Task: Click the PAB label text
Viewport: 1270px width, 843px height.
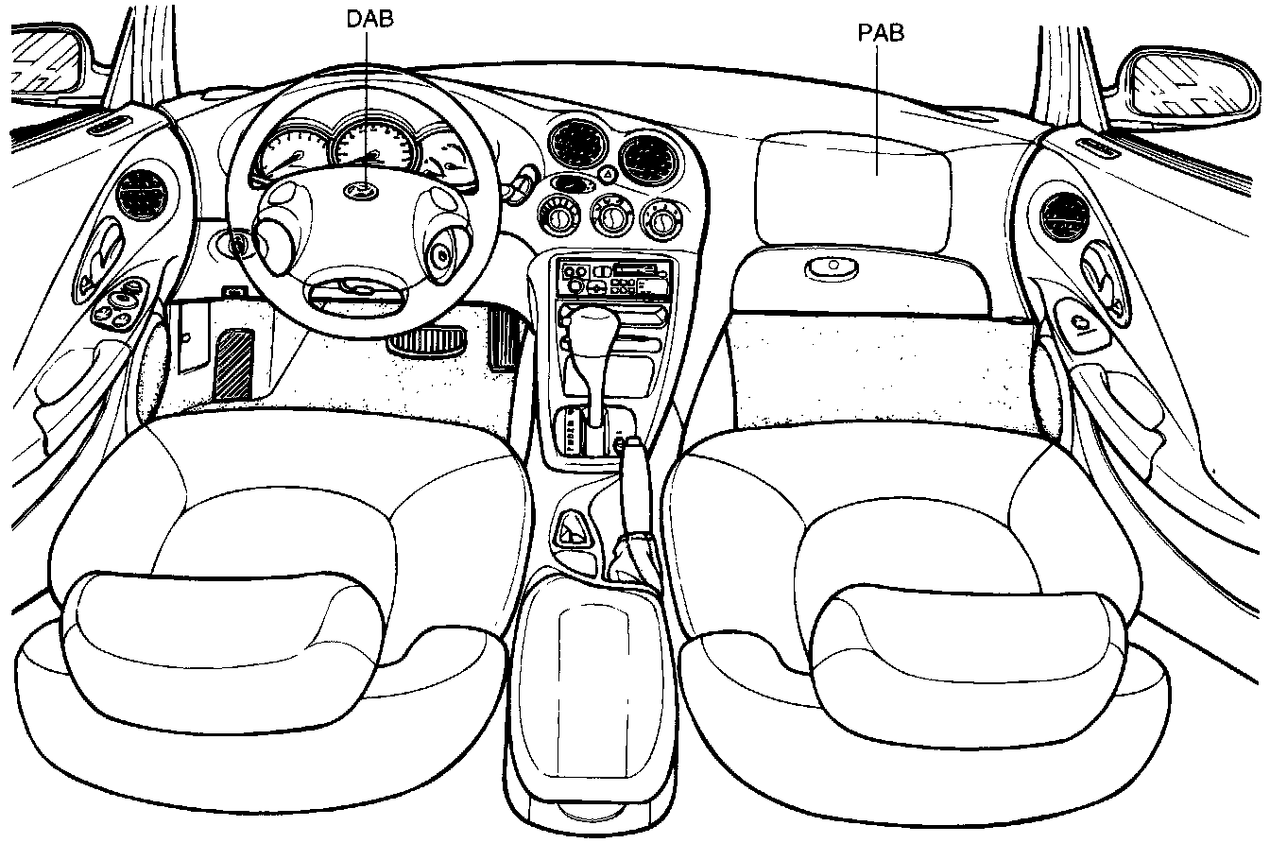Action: coord(880,33)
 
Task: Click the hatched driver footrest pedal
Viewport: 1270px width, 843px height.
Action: coord(232,365)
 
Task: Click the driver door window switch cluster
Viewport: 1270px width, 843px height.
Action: coord(120,303)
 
